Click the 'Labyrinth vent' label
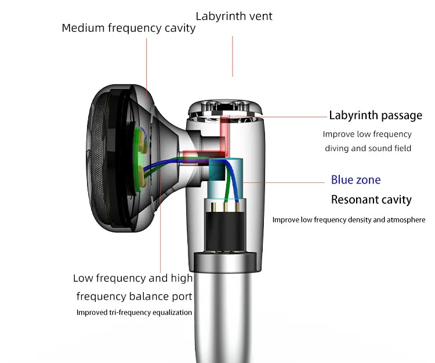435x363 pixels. pyautogui.click(x=234, y=16)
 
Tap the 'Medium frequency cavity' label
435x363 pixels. pyautogui.click(x=129, y=28)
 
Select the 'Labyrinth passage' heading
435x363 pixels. pyautogui.click(x=375, y=115)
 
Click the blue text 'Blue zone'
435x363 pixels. pyautogui.click(x=356, y=179)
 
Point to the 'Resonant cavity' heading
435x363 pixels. pyautogui.click(x=371, y=200)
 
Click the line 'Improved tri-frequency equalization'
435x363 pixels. pyautogui.click(x=134, y=312)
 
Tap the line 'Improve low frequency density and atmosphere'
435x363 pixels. pyautogui.click(x=349, y=220)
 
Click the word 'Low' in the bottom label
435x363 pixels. pyautogui.click(x=84, y=278)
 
